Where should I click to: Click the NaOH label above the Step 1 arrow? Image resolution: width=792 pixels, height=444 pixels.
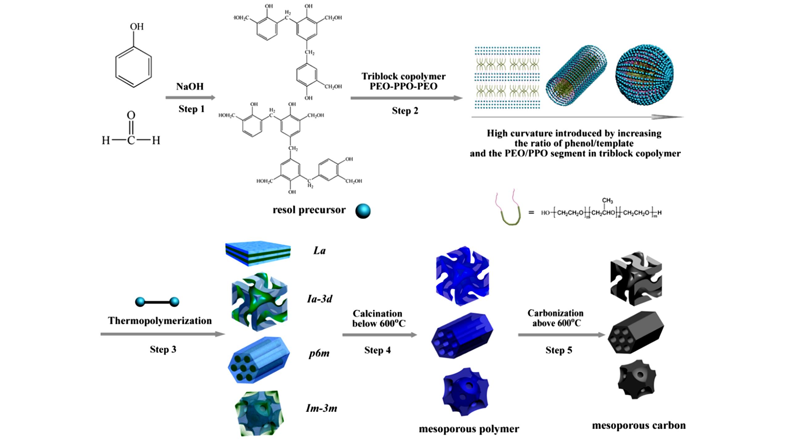tap(190, 86)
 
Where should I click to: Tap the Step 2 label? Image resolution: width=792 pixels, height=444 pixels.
tap(405, 111)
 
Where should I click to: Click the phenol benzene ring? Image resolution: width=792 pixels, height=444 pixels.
tap(134, 67)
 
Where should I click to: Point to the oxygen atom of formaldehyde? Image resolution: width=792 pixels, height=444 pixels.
tap(131, 115)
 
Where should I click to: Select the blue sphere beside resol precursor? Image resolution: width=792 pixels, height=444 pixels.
tap(363, 211)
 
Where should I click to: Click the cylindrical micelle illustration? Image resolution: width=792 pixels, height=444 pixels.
tap(576, 76)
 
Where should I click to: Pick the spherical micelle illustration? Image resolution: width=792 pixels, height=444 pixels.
tap(644, 74)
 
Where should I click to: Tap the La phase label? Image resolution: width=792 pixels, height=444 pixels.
tap(319, 251)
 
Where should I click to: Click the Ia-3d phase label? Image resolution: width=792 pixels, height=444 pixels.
tap(320, 299)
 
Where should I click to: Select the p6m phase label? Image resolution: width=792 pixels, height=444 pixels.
tap(319, 353)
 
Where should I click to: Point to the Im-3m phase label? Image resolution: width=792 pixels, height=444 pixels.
tap(321, 408)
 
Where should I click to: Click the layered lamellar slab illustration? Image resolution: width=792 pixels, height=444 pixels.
tap(258, 253)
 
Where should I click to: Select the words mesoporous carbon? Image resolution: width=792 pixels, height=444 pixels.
tap(639, 425)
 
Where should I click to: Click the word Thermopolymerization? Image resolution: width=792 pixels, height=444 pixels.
tap(160, 321)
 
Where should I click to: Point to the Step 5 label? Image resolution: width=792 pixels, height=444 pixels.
tap(558, 350)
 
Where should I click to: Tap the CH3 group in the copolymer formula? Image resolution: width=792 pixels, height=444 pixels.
tap(607, 201)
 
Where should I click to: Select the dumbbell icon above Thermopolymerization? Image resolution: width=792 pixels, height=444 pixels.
tap(157, 302)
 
